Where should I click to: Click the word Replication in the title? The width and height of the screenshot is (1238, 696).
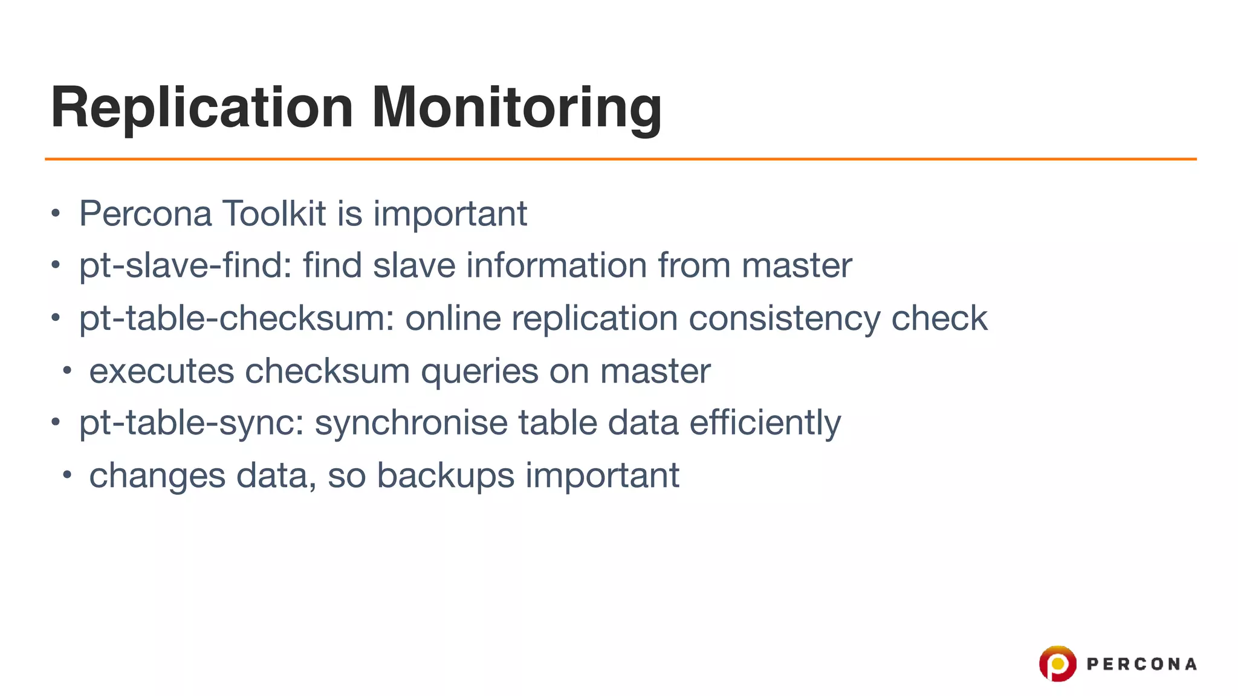pyautogui.click(x=202, y=108)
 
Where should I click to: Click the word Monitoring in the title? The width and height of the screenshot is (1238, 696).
pyautogui.click(x=516, y=108)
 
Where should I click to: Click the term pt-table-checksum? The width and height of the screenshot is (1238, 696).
pyautogui.click(x=236, y=318)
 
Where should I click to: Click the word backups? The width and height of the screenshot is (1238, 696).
pyautogui.click(x=446, y=475)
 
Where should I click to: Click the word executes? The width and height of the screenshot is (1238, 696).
pyautogui.click(x=161, y=370)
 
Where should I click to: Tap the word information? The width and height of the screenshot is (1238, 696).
pyautogui.click(x=556, y=265)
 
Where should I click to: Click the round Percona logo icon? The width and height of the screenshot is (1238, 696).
pyautogui.click(x=1057, y=663)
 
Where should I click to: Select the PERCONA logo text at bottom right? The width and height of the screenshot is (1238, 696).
pyautogui.click(x=1141, y=664)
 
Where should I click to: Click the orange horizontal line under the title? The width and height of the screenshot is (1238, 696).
pyautogui.click(x=620, y=159)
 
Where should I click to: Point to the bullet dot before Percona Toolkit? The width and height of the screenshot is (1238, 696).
pyautogui.click(x=56, y=213)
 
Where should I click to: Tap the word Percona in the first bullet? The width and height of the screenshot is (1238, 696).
pyautogui.click(x=145, y=213)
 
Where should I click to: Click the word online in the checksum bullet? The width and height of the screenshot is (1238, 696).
pyautogui.click(x=453, y=318)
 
